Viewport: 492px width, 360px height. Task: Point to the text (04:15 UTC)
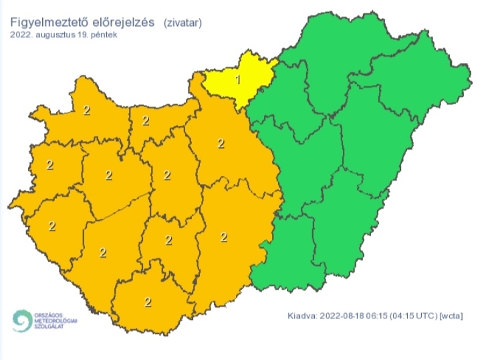point(414,315)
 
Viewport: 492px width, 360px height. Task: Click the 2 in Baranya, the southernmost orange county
point(148,302)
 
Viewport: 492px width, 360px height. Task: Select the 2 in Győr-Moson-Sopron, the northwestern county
point(86,110)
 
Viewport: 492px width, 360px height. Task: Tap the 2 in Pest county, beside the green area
point(220,143)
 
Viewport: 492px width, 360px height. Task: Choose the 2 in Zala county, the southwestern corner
point(51,226)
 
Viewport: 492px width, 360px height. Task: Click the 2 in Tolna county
point(168,240)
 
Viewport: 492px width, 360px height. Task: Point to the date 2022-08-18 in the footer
point(344,315)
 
